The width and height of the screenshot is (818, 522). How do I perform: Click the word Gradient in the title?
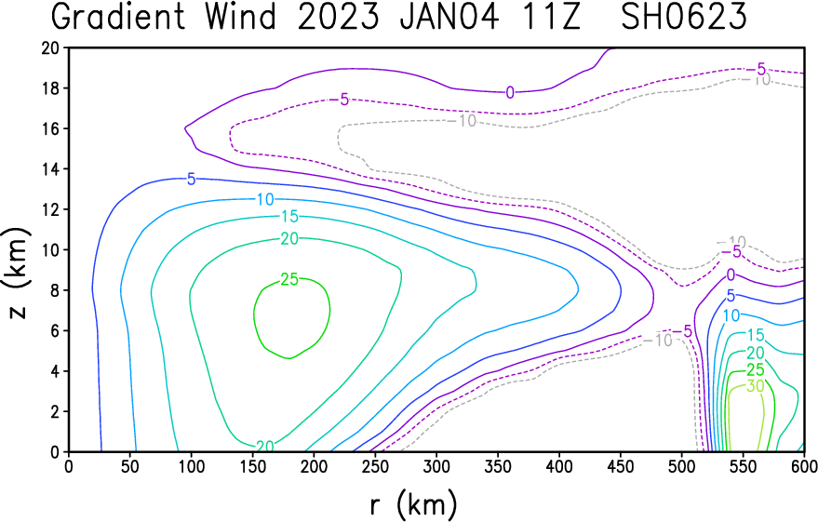[x=118, y=17]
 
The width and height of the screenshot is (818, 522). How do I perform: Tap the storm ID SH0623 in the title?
[x=684, y=17]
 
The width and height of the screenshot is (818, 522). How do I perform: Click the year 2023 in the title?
[x=339, y=17]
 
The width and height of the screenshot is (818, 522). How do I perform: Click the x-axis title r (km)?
[x=414, y=505]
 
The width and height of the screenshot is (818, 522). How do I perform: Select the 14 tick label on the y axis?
[x=51, y=169]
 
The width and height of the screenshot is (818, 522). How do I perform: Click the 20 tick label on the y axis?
[x=51, y=48]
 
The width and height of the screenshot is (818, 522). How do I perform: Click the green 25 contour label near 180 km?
[x=289, y=279]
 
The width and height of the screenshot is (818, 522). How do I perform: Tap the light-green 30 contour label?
[x=755, y=386]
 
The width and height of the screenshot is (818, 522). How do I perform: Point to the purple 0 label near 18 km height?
[x=510, y=93]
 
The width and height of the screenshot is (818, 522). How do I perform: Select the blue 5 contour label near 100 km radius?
[x=192, y=180]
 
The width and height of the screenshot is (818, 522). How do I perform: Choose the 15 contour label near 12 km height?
[x=289, y=216]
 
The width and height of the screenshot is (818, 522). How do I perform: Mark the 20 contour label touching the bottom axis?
[x=265, y=446]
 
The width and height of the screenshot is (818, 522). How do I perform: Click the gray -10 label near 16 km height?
[x=467, y=121]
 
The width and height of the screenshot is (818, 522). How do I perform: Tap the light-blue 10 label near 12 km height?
[x=265, y=199]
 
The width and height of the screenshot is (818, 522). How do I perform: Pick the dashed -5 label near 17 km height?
[x=341, y=99]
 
